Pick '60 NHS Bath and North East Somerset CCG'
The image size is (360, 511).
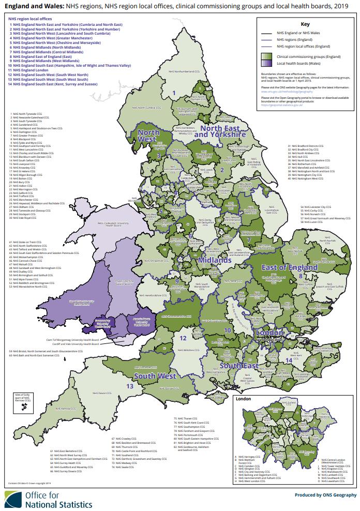tap(43, 355)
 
